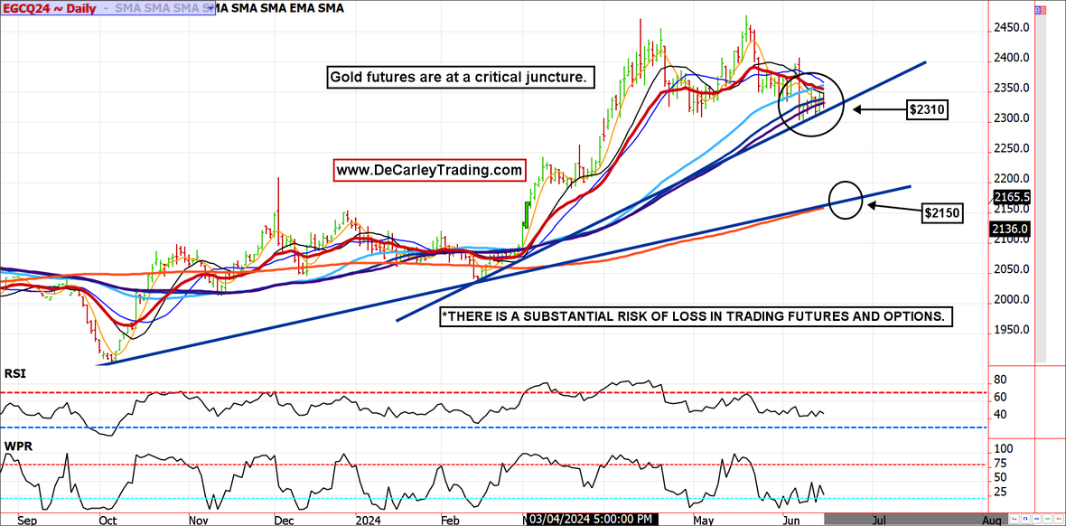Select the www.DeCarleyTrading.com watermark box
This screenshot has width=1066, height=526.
pyautogui.click(x=429, y=170)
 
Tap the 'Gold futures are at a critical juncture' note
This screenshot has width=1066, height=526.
pyautogui.click(x=461, y=79)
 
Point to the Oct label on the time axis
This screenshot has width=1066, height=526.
pyautogui.click(x=107, y=521)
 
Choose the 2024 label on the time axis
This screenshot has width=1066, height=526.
pyautogui.click(x=368, y=521)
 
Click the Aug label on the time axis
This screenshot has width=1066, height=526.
pyautogui.click(x=991, y=521)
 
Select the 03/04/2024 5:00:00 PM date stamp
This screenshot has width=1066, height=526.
pyautogui.click(x=592, y=519)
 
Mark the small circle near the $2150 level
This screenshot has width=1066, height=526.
pyautogui.click(x=845, y=199)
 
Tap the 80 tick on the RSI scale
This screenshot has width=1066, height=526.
pyautogui.click(x=1000, y=380)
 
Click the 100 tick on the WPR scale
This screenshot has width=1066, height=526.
pyautogui.click(x=1003, y=448)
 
